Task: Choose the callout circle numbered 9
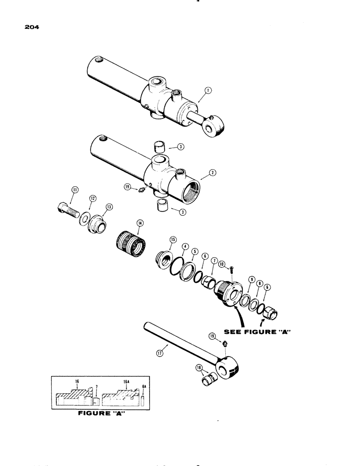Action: click(x=251, y=280)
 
